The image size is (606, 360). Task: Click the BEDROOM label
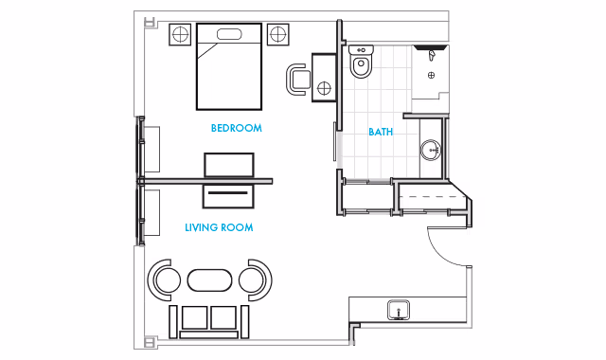(x=236, y=128)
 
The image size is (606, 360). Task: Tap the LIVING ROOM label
(x=219, y=227)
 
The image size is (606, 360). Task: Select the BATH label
(x=381, y=132)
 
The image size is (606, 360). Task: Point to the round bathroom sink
(x=431, y=150)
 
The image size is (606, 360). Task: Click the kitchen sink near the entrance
(x=399, y=310)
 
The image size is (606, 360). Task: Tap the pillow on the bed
(x=229, y=34)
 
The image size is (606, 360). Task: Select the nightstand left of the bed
(x=180, y=34)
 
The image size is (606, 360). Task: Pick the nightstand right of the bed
(x=277, y=34)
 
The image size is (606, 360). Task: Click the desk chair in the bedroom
(x=297, y=80)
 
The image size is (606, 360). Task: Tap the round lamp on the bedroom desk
(x=324, y=88)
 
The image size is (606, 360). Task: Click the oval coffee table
(x=210, y=280)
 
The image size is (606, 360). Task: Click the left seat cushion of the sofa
(x=195, y=317)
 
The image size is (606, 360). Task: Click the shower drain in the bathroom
(x=432, y=75)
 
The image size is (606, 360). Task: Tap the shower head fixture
(x=432, y=55)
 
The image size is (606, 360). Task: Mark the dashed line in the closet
(x=434, y=197)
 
